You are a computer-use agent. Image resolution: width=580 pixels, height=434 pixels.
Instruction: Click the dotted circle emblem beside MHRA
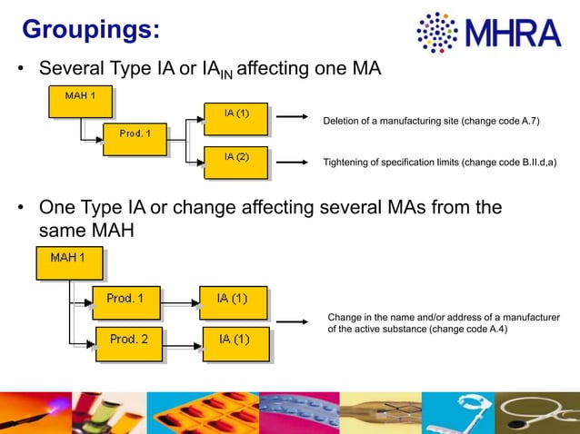pyautogui.click(x=439, y=33)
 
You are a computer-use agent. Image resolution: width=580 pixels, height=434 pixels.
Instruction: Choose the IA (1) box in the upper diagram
pyautogui.click(x=235, y=118)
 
